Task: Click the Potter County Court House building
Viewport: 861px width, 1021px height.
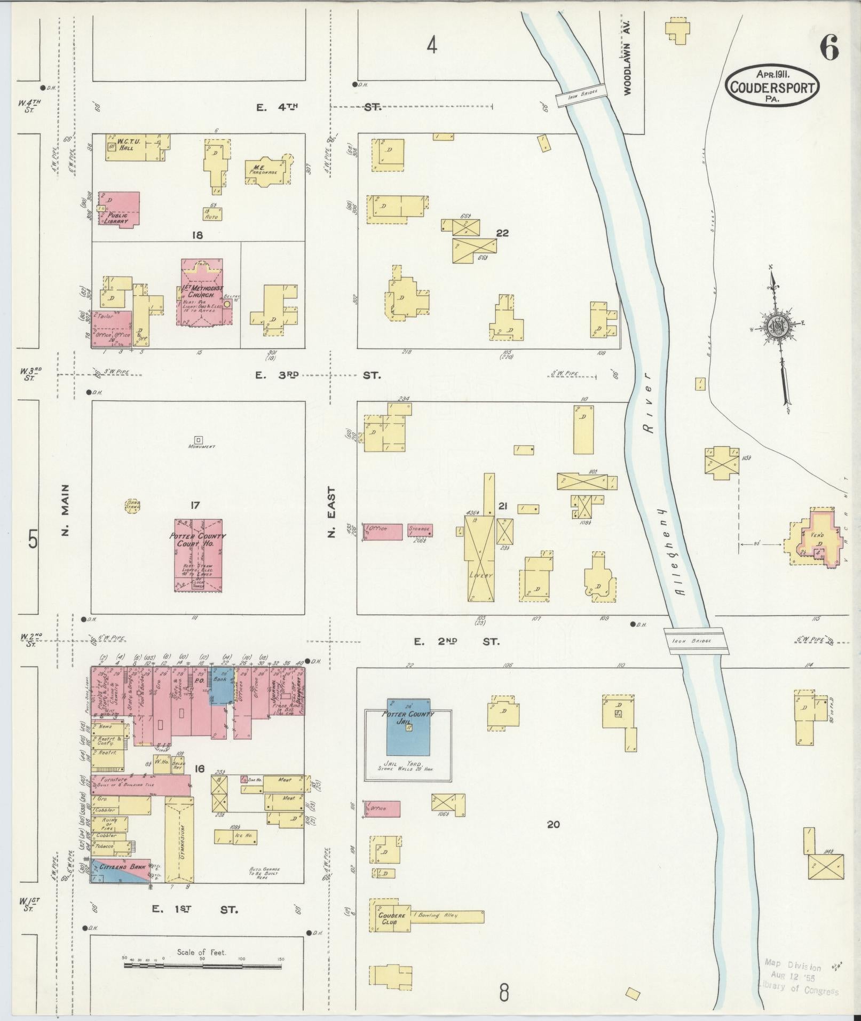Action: (198, 555)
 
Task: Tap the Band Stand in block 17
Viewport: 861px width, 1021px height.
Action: (132, 505)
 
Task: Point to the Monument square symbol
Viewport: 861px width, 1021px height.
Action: (198, 440)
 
